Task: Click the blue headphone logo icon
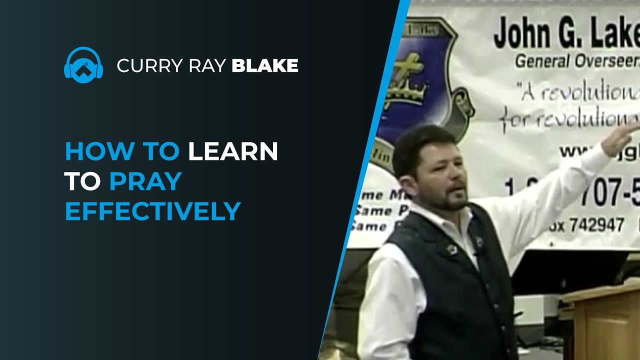[83, 65]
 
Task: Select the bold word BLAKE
[265, 65]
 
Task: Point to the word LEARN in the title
[233, 152]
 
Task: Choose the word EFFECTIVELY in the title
[153, 211]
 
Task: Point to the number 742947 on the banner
[595, 225]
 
